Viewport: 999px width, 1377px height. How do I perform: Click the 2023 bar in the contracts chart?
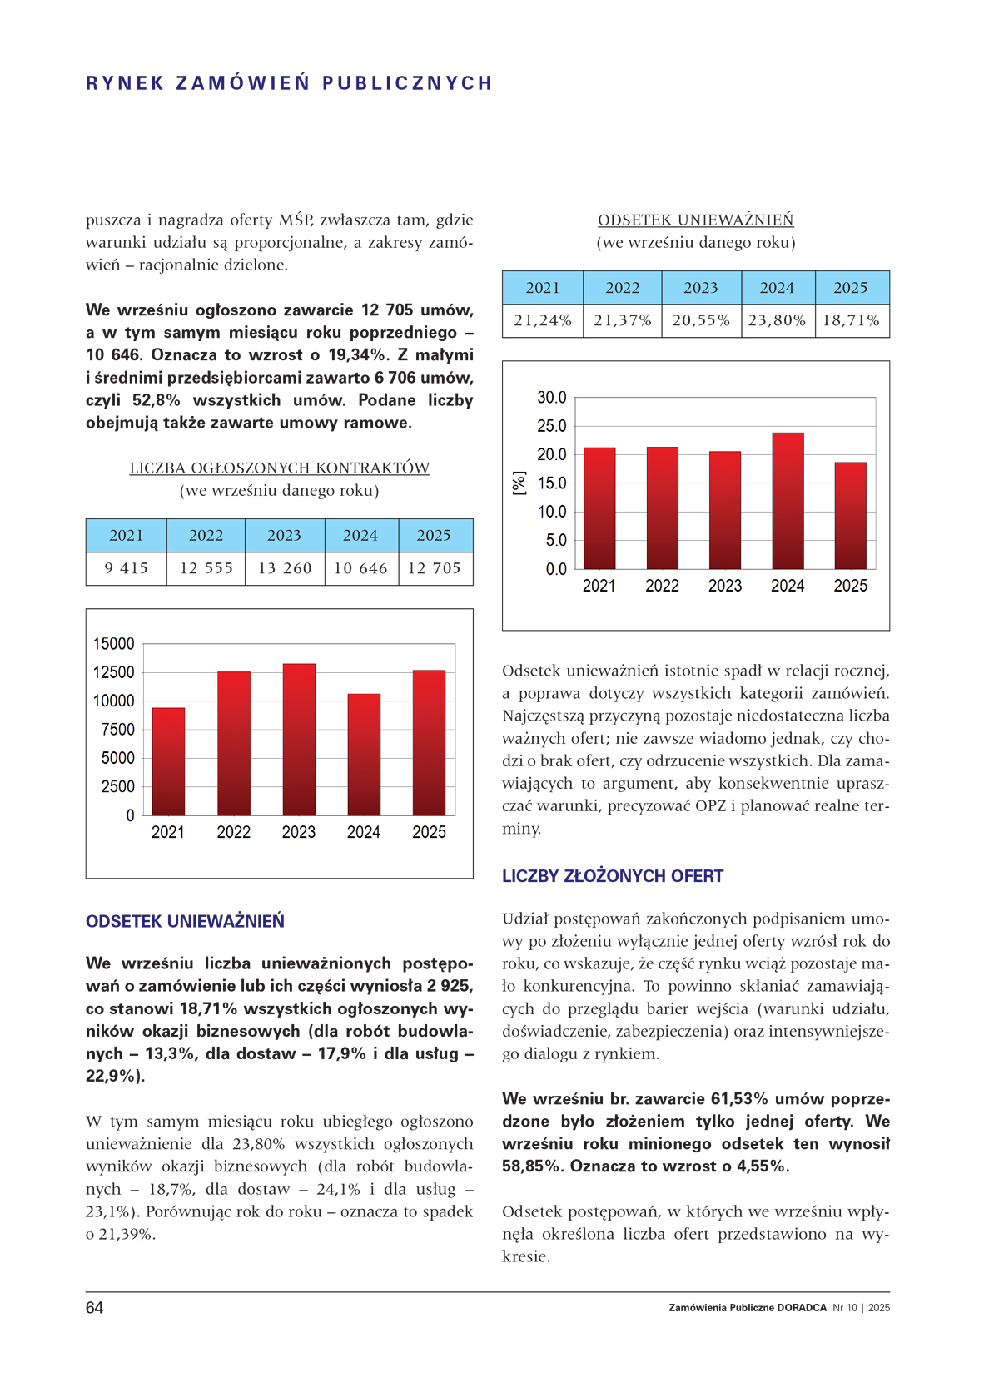point(299,740)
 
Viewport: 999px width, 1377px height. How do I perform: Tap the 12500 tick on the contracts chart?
point(113,672)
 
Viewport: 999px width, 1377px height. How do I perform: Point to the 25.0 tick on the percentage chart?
point(551,426)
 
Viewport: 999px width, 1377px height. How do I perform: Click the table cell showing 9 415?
point(127,568)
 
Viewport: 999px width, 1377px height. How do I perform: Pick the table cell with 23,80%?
point(777,320)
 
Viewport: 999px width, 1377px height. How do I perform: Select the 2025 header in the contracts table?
point(434,536)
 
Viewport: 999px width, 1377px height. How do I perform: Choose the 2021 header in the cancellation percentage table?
point(543,288)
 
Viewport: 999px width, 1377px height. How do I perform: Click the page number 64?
point(95,1308)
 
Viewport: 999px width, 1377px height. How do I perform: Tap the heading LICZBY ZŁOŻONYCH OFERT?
point(613,876)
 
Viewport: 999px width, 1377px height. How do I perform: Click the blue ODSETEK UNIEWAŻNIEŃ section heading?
point(185,921)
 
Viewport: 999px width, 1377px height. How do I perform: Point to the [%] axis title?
point(519,483)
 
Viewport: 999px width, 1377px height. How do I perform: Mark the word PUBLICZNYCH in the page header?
point(408,83)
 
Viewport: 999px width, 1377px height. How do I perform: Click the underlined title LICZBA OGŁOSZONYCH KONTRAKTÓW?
point(280,468)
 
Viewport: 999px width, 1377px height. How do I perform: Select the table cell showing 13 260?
point(285,568)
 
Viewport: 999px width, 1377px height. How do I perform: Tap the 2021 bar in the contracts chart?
point(168,761)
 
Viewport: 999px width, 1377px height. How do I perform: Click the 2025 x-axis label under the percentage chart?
point(850,586)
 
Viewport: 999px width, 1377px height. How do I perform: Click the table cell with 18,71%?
point(851,320)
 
